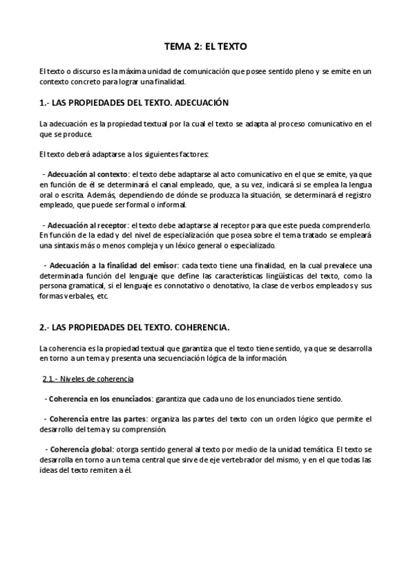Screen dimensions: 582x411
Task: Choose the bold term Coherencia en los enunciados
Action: (x=99, y=399)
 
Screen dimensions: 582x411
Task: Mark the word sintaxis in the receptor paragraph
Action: (x=71, y=245)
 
